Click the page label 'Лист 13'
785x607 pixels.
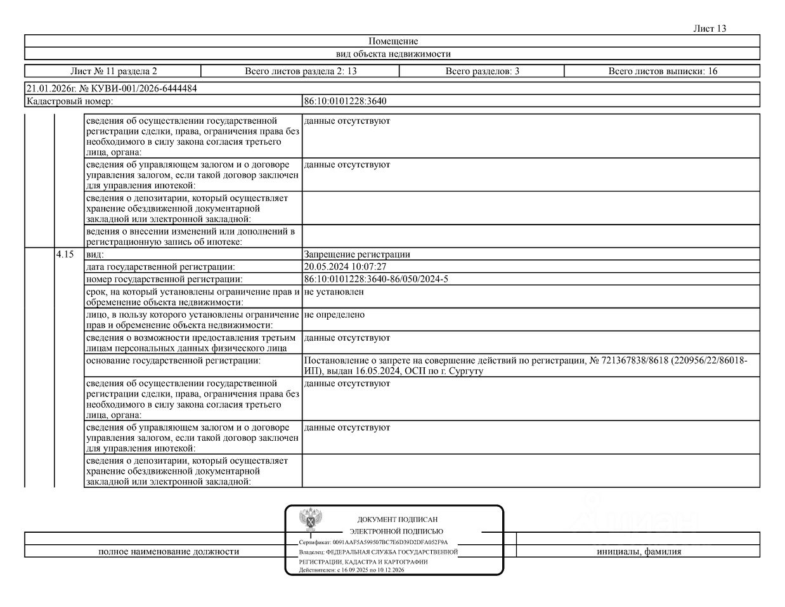point(710,29)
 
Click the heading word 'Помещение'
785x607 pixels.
point(392,41)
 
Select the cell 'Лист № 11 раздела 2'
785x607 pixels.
point(113,71)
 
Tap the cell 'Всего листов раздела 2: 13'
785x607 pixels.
point(301,71)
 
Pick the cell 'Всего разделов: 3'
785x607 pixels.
point(482,71)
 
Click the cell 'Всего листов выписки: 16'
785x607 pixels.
point(663,71)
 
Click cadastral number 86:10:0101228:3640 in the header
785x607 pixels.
point(345,101)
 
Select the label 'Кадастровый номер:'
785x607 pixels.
point(70,101)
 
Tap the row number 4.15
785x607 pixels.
point(65,254)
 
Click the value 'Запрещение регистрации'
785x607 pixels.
point(357,254)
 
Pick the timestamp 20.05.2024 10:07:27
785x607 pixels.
point(345,267)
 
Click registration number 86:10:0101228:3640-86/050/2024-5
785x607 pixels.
point(376,279)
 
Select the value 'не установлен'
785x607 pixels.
point(334,292)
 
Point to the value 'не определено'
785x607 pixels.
point(334,315)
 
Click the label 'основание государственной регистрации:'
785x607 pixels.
point(173,360)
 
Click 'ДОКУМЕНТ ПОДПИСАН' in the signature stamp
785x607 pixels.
point(397,519)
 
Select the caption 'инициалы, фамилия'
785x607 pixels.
point(639,552)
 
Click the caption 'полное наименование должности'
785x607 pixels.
point(169,552)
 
